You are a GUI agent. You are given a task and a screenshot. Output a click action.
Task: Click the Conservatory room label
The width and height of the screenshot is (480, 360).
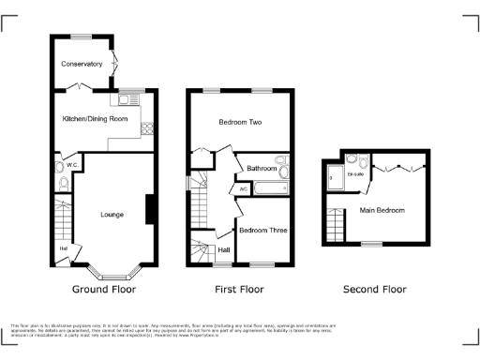82,64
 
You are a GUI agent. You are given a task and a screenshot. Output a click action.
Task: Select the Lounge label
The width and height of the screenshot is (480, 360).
112,214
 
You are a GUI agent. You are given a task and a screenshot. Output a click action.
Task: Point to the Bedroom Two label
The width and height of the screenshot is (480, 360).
240,123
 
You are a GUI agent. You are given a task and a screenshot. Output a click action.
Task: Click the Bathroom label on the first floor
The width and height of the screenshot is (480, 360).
262,169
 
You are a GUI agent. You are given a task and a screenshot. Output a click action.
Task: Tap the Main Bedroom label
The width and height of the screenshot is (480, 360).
382,210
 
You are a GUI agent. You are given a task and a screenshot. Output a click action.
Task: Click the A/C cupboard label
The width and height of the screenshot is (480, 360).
244,189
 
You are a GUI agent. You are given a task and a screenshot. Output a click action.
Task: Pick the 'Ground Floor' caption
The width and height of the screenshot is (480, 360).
102,290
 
